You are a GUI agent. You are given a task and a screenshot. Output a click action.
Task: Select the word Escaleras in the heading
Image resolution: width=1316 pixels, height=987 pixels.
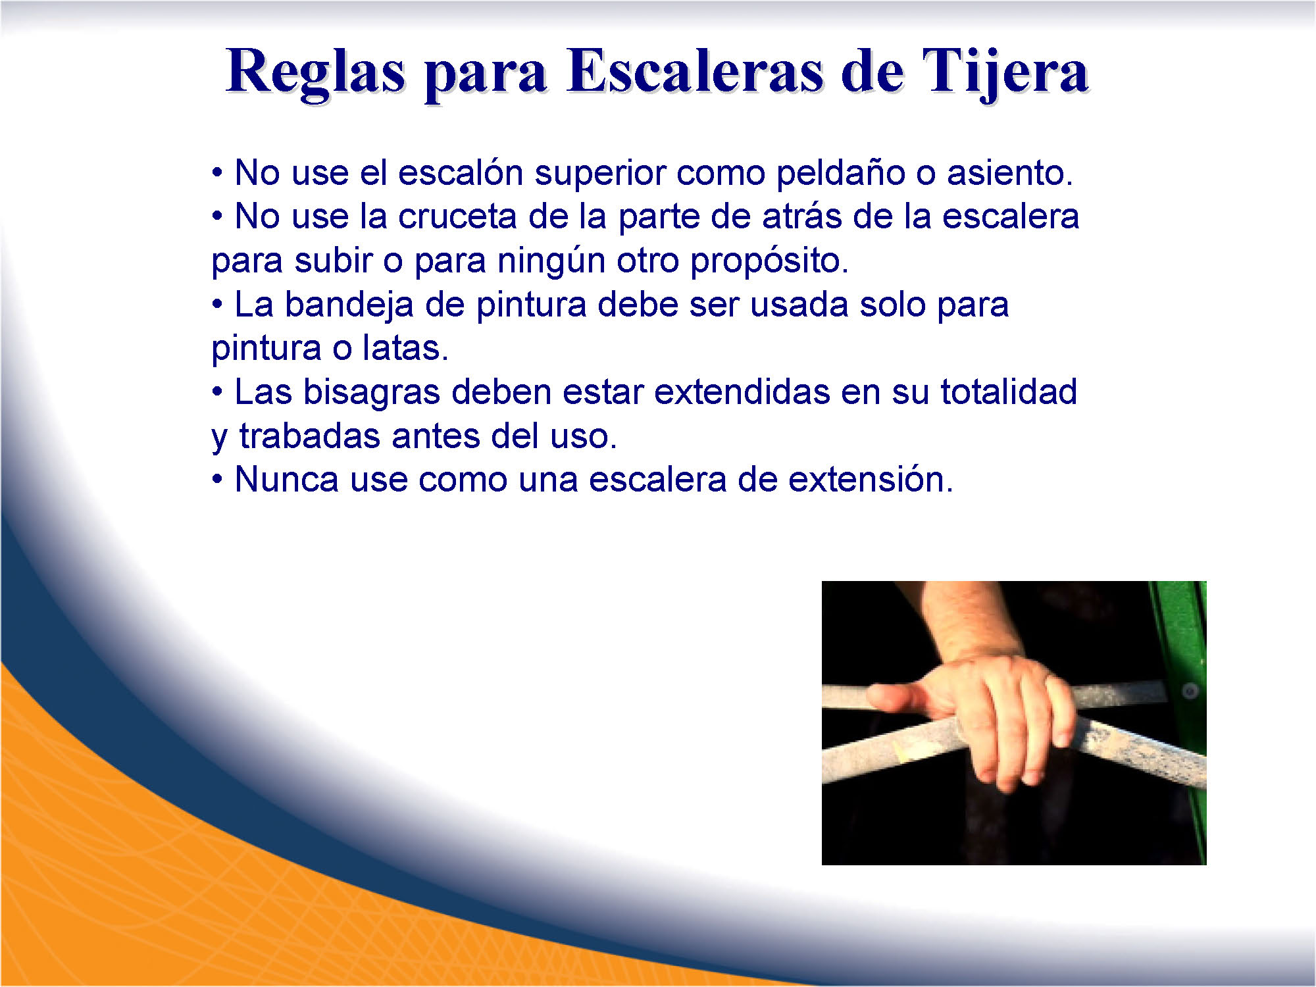click(x=695, y=70)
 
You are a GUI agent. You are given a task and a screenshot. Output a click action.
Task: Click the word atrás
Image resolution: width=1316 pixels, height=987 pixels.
click(x=801, y=216)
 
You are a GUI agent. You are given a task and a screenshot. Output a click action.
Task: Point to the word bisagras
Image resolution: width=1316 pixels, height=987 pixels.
click(x=371, y=393)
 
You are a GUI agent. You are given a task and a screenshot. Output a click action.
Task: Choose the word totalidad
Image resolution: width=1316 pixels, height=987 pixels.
click(x=1009, y=392)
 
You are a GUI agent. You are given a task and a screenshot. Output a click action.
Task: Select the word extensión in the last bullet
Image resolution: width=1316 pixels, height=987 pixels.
click(x=871, y=479)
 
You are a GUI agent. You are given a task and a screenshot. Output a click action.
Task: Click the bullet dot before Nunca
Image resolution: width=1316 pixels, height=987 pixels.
click(x=217, y=480)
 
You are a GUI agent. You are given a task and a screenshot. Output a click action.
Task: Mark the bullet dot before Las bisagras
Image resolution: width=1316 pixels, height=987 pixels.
click(x=217, y=392)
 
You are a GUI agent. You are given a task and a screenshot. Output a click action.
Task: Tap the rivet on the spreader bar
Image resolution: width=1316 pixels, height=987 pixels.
click(x=1190, y=691)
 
